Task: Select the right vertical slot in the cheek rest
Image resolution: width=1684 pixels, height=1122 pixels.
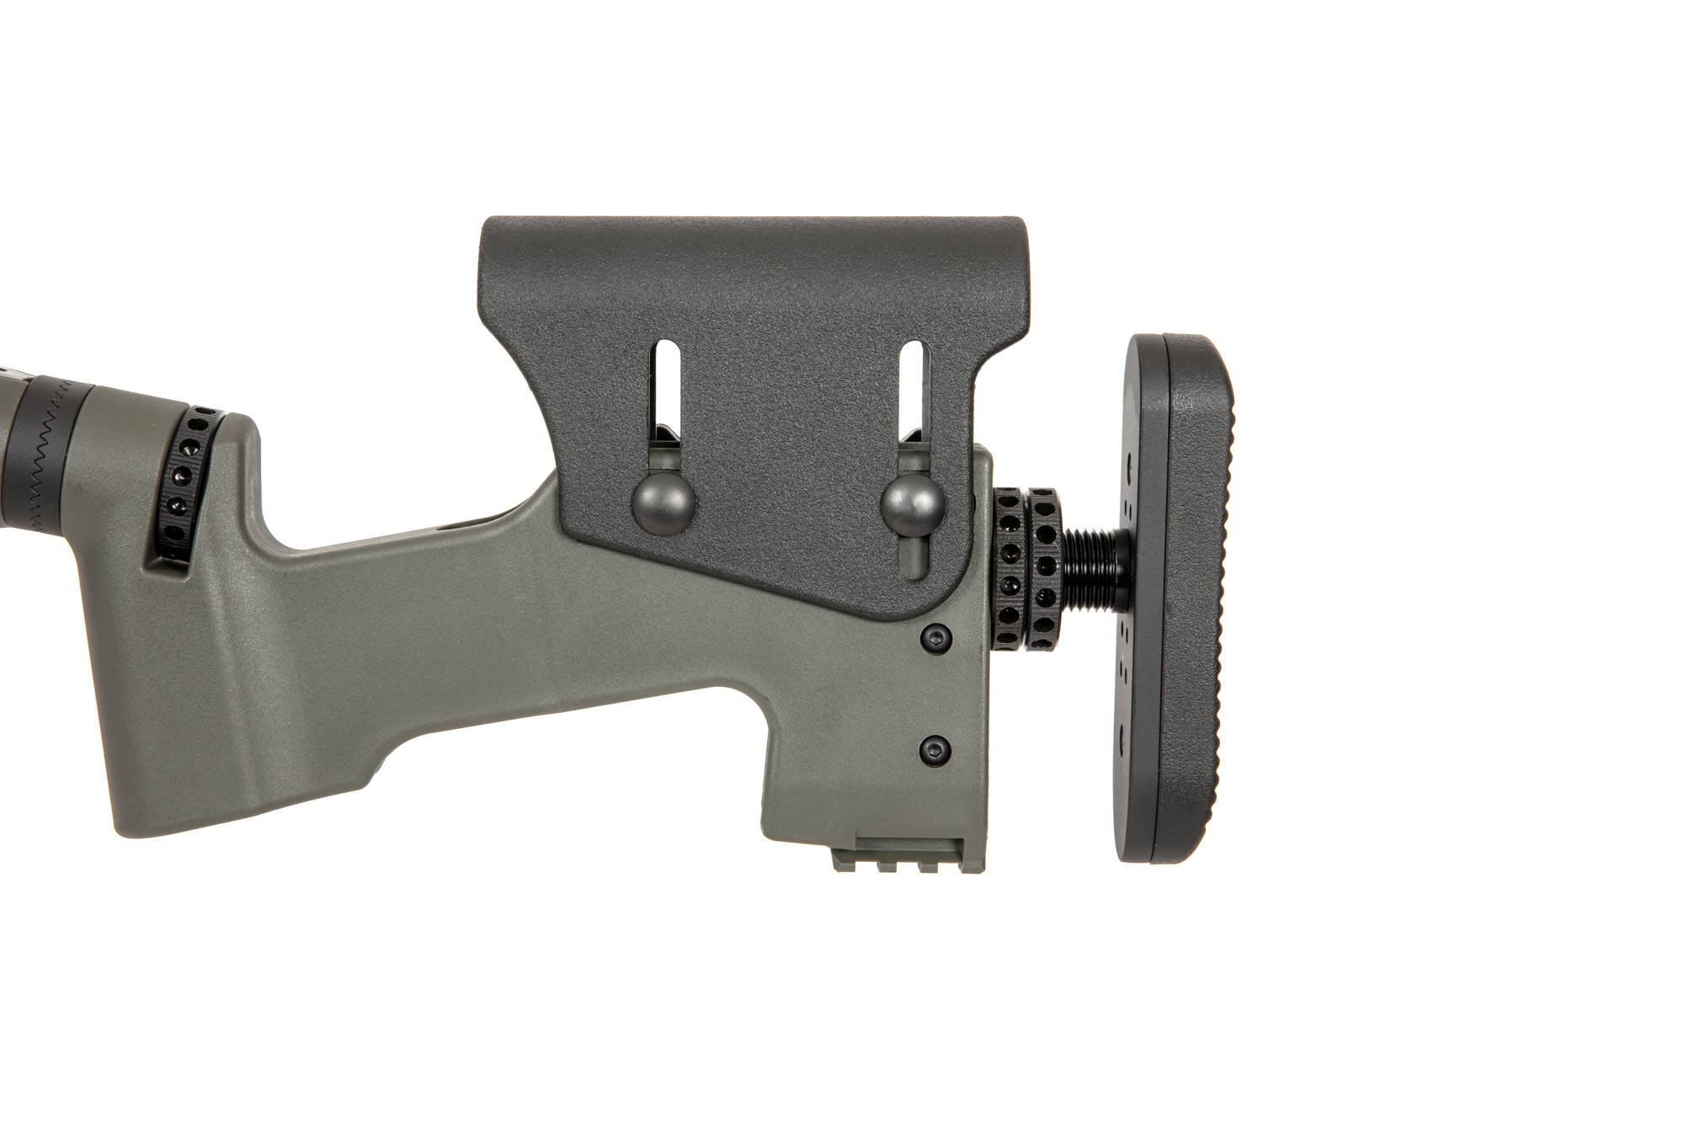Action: [913, 404]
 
